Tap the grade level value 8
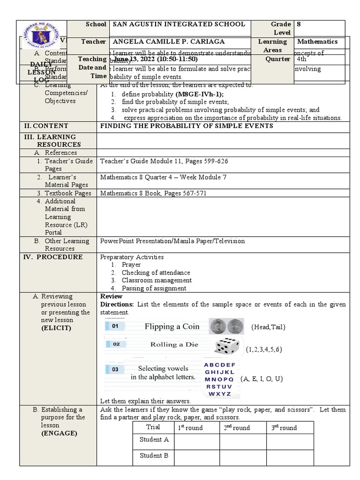click(x=299, y=24)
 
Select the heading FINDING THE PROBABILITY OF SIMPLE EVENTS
click(x=187, y=126)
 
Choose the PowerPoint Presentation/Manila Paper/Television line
click(x=172, y=241)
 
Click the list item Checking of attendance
click(x=156, y=272)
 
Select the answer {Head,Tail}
click(x=268, y=327)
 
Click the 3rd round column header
click(x=284, y=427)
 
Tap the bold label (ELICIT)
click(x=56, y=328)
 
